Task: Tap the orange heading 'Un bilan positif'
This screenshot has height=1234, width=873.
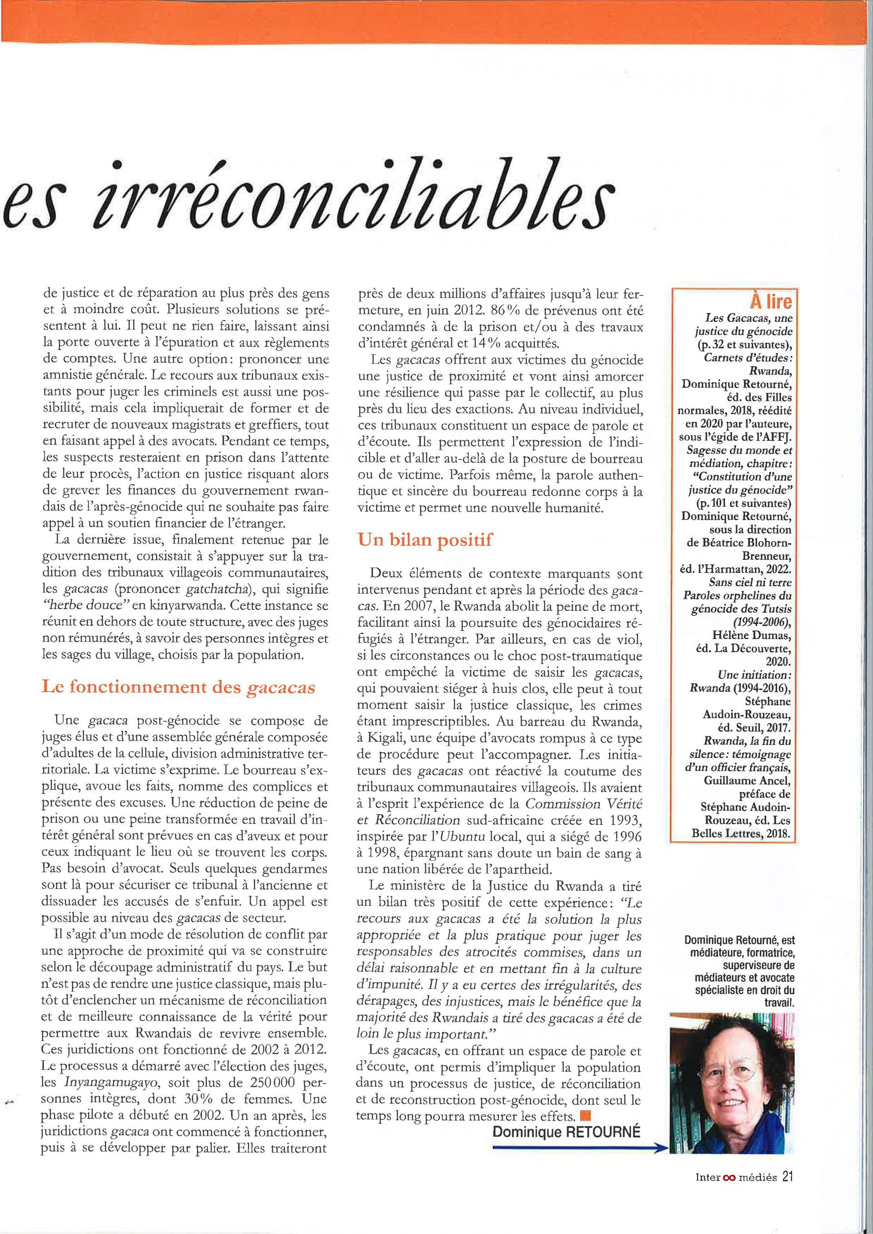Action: pos(425,540)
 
